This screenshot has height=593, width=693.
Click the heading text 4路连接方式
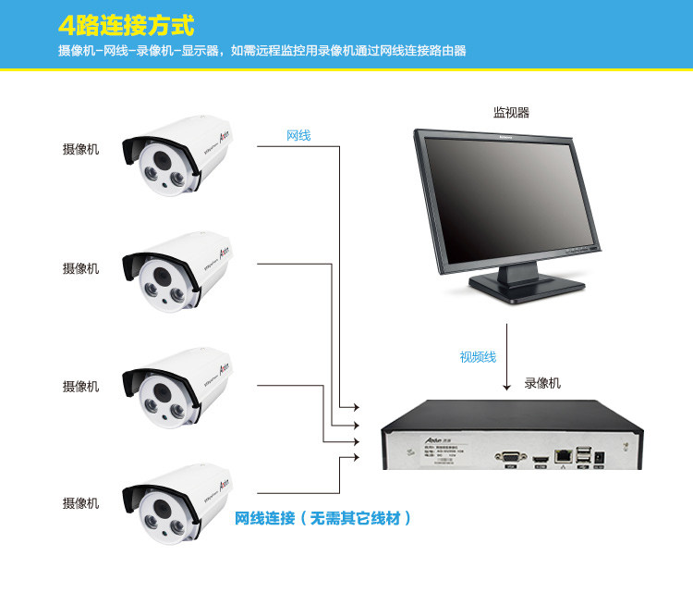pos(126,25)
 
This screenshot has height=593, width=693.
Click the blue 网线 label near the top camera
pos(298,136)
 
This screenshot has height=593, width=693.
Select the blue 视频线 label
pos(478,357)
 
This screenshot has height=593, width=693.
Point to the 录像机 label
pos(542,383)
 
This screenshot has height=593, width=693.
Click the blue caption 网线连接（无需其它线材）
pos(322,518)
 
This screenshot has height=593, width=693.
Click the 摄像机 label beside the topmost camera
pos(80,150)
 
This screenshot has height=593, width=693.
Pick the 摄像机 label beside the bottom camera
pos(80,503)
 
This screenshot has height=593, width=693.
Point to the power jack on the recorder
pos(602,455)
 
